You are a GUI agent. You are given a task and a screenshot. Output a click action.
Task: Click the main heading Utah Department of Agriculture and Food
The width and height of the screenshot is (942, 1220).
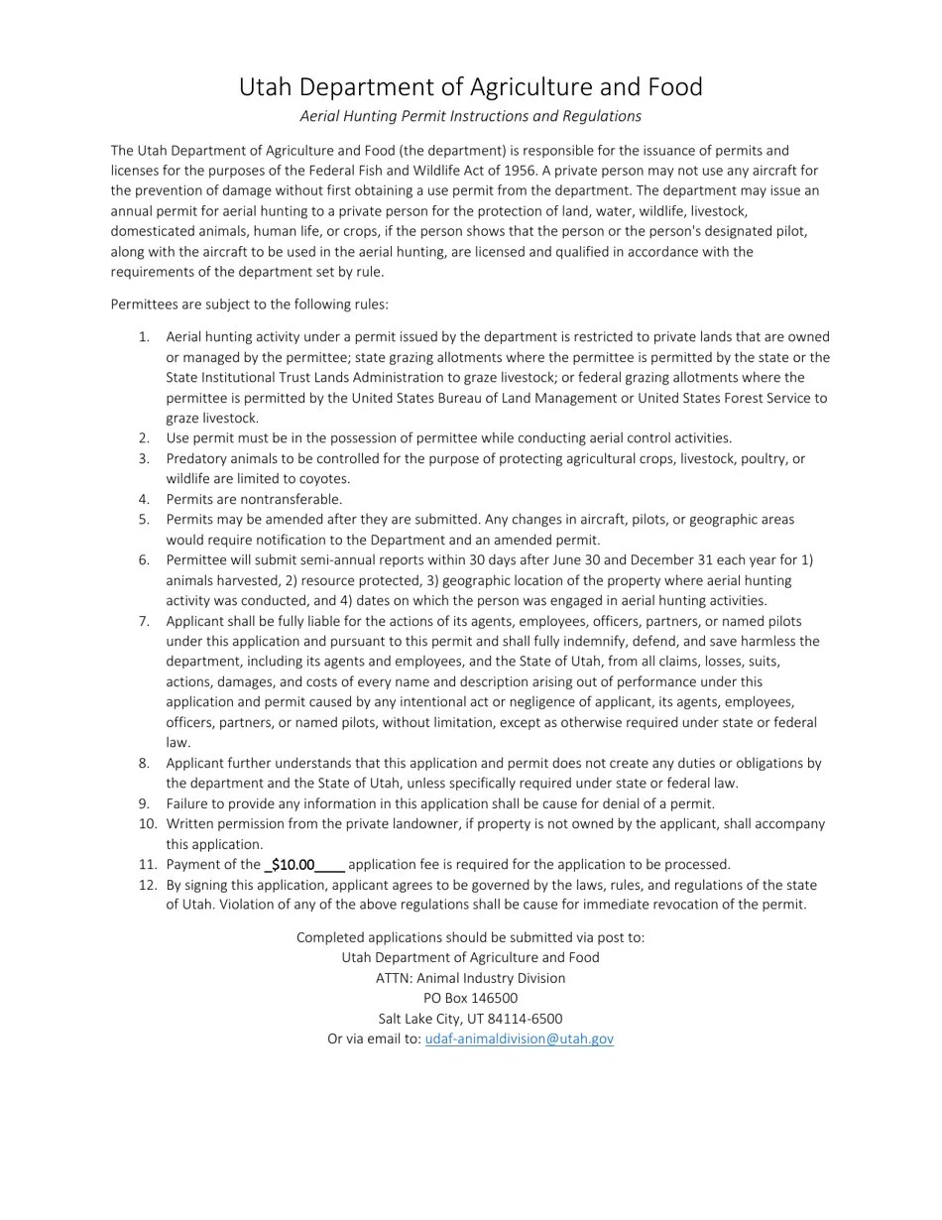coord(470,87)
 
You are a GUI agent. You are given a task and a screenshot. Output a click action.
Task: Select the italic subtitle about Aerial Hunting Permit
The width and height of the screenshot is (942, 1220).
coord(470,116)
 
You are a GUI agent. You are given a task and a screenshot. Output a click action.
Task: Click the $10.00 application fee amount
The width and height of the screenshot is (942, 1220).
coord(293,865)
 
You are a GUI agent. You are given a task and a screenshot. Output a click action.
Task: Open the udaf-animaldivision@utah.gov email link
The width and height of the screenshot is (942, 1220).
coord(519,1039)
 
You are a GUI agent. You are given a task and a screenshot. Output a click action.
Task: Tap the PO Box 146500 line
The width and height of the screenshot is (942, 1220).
coord(470,999)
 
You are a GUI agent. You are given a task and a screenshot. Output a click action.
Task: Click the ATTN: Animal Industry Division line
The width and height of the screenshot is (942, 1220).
coord(470,978)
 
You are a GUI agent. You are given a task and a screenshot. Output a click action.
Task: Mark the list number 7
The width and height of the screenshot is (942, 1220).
coord(144,621)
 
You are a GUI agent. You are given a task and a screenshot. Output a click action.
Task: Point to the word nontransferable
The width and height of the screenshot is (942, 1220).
coord(291,500)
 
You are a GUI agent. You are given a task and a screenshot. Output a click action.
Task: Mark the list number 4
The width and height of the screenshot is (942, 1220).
coord(144,500)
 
